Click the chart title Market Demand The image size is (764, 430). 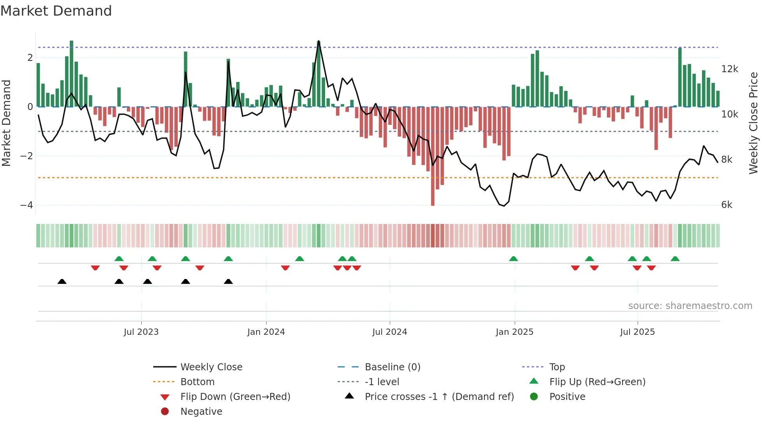tap(56, 11)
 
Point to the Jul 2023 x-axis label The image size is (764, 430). tap(141, 332)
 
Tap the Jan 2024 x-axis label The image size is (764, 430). tap(266, 332)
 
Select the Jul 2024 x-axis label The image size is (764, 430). tap(389, 332)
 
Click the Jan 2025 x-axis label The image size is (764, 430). tap(514, 332)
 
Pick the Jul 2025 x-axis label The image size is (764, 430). tap(637, 332)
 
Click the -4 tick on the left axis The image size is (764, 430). tap(27, 205)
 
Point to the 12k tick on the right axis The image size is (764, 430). tap(729, 69)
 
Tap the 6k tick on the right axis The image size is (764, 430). tap(727, 205)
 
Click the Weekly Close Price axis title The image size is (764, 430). tap(753, 123)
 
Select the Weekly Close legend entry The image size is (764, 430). tap(211, 367)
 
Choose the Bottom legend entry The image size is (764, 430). tap(197, 382)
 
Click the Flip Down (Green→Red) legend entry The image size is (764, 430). tap(235, 397)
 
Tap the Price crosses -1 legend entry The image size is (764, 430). tap(439, 397)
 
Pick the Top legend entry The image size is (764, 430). tap(557, 367)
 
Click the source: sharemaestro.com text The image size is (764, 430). tap(690, 306)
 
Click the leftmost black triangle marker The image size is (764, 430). tap(62, 281)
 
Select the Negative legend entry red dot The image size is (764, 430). tap(165, 412)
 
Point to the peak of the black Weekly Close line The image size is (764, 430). tap(318, 41)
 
